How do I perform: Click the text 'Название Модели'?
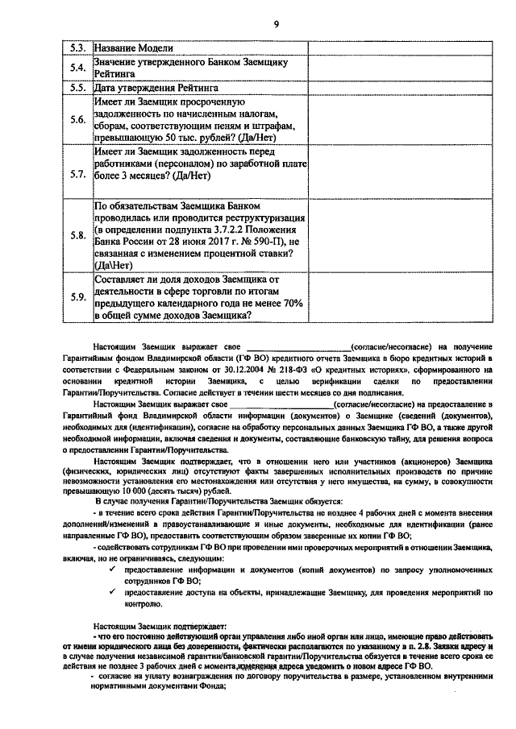pyautogui.click(x=133, y=48)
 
